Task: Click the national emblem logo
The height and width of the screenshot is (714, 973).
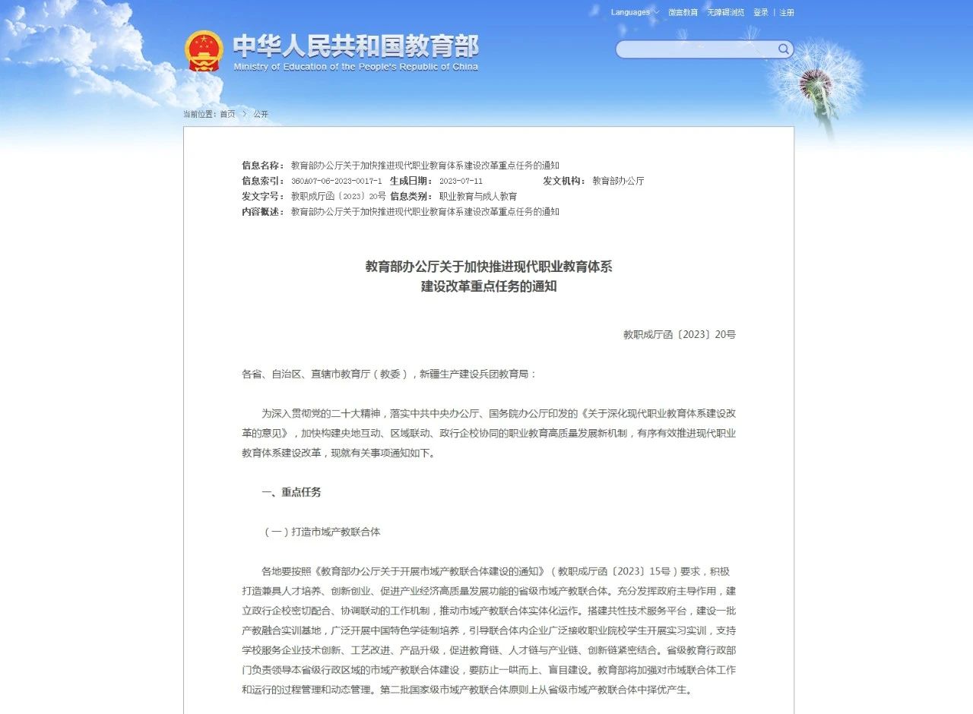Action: (204, 51)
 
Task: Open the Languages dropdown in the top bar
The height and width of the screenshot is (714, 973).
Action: (635, 12)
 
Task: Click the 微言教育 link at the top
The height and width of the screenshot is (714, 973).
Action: (683, 12)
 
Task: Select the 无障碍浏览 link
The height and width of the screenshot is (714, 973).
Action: (725, 12)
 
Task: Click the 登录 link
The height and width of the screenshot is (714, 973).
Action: (760, 12)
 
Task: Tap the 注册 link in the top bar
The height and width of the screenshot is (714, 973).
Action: (786, 12)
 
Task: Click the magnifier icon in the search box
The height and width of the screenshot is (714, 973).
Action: (783, 49)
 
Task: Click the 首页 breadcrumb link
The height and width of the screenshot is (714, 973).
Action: (227, 114)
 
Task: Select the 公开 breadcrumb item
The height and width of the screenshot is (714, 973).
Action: (261, 114)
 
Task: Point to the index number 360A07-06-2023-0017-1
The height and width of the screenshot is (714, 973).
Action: (336, 181)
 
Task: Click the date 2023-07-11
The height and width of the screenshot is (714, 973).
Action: (461, 181)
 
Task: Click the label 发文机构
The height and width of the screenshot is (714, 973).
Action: (563, 181)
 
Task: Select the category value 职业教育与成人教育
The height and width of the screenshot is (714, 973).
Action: (477, 196)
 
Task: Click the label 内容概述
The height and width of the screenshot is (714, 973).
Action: (262, 211)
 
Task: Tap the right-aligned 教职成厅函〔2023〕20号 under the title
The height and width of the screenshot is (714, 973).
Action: (679, 334)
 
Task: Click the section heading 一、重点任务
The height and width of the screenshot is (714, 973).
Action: (291, 492)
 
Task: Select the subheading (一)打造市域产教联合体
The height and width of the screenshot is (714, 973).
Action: (322, 532)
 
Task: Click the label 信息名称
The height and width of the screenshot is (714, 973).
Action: (262, 166)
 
